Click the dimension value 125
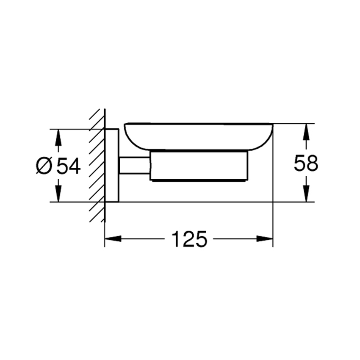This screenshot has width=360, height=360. click(189, 240)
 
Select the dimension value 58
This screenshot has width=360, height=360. click(305, 163)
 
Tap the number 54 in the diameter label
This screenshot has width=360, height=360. click(68, 166)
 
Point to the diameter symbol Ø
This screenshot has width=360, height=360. click(44, 166)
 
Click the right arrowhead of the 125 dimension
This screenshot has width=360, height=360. click(266, 239)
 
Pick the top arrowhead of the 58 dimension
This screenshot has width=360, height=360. click(305, 131)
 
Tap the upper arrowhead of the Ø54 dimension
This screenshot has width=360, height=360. click(58, 136)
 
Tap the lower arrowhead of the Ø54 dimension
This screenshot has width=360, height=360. click(58, 194)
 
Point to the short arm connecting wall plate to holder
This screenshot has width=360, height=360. click(134, 165)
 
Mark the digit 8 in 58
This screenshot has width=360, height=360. click(312, 163)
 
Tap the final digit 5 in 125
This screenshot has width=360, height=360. click(201, 240)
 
